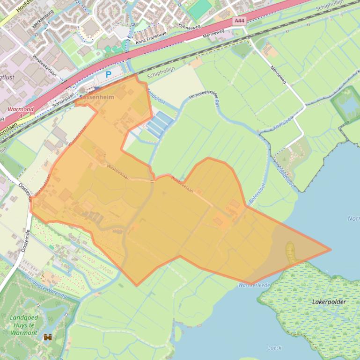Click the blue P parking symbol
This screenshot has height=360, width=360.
point(109,74)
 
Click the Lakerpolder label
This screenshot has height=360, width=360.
point(329,302)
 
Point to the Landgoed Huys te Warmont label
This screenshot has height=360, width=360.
point(23,325)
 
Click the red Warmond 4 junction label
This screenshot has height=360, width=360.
point(21,112)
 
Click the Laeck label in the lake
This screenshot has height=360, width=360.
point(275,348)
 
